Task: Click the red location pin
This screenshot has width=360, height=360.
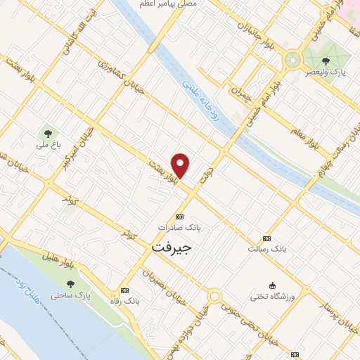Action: (x=181, y=165)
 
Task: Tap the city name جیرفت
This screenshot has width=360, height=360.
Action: (x=172, y=248)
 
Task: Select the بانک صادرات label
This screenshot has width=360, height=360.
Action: (x=179, y=228)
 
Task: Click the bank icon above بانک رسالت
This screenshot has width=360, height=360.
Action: (x=266, y=239)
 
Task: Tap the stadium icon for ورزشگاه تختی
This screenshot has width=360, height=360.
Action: (x=272, y=285)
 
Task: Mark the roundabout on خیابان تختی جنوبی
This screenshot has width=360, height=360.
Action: (x=214, y=297)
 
